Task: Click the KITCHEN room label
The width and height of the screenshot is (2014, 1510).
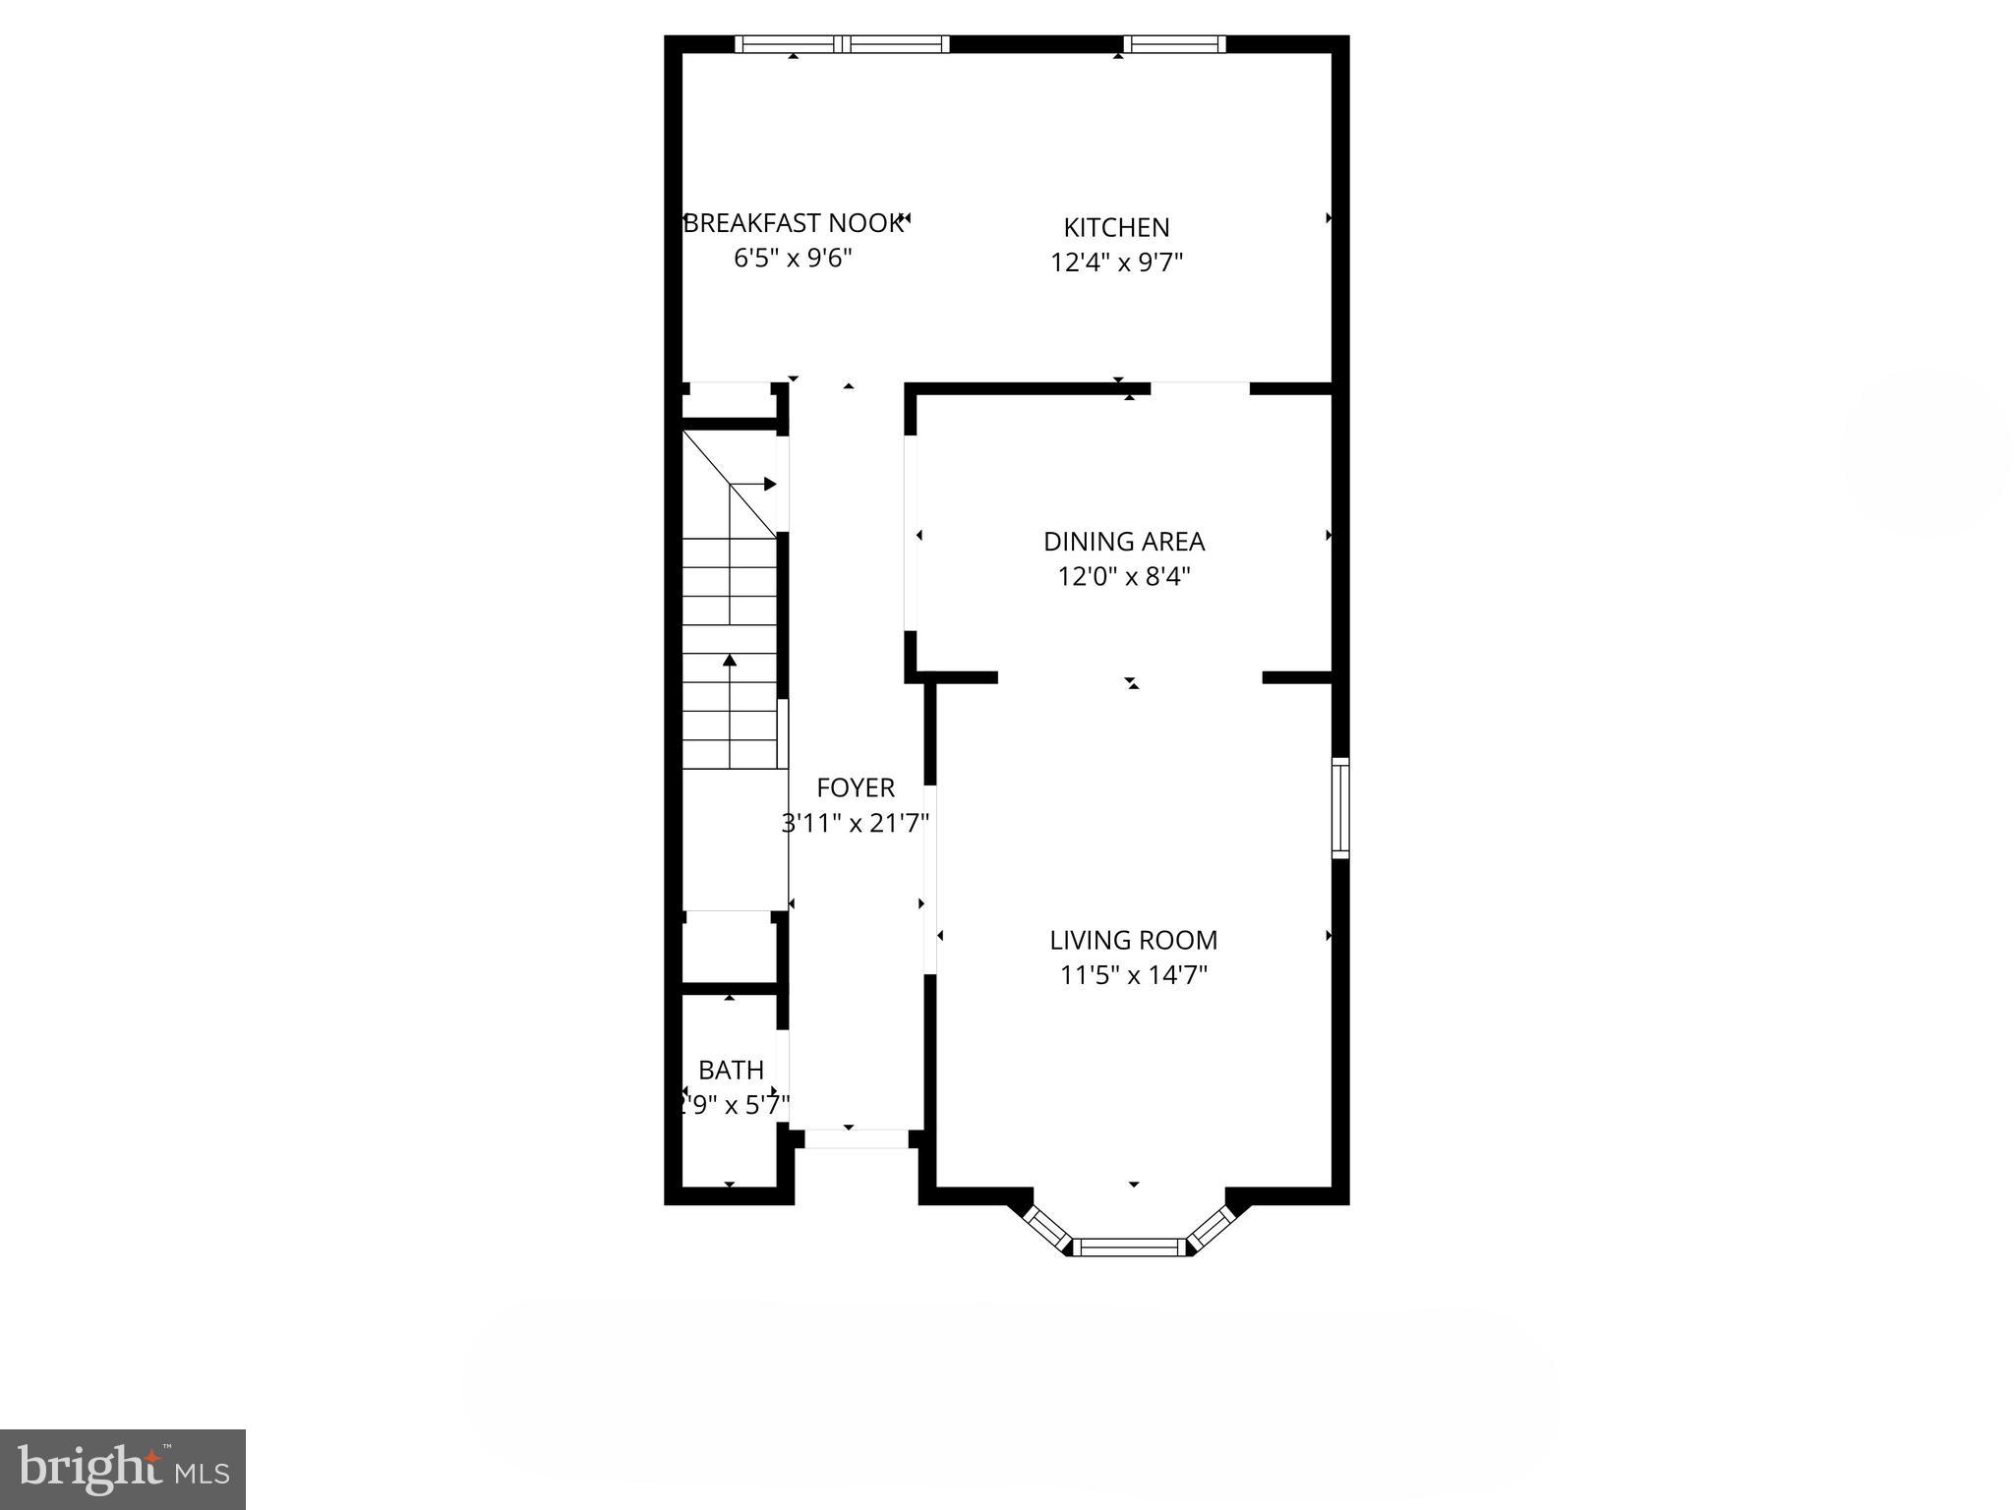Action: tap(1116, 227)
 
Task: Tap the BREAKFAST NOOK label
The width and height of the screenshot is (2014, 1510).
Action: tap(793, 223)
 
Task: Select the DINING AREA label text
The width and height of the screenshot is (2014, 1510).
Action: tap(1124, 541)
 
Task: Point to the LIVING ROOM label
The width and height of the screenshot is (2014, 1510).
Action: tap(1133, 940)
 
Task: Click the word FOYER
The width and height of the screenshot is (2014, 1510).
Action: tap(856, 787)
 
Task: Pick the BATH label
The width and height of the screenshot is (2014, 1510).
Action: tap(731, 1070)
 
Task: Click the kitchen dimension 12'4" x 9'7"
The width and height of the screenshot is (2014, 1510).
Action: tap(1116, 262)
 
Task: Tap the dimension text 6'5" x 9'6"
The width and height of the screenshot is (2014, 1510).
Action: tap(793, 259)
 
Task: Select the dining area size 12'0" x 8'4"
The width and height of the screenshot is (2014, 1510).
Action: tap(1124, 576)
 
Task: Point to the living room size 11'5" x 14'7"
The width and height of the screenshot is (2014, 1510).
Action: tap(1133, 975)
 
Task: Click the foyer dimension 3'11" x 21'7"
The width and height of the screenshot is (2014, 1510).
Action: tap(856, 823)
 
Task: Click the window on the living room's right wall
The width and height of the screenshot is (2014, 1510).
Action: tap(1339, 807)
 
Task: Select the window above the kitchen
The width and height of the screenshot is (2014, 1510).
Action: tap(1174, 43)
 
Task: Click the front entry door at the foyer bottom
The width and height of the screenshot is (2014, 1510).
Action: tap(856, 1139)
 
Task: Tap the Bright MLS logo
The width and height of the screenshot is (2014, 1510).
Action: tap(123, 1469)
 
